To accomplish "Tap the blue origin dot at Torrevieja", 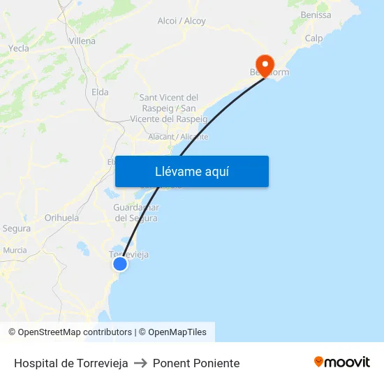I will [x=120, y=263].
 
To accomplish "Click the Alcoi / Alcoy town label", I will [x=182, y=21].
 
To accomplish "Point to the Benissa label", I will [x=316, y=15].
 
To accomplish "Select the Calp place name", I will [x=313, y=38].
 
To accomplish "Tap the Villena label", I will [x=82, y=41].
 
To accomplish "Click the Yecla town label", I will [x=19, y=48].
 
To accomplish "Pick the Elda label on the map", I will [x=100, y=91].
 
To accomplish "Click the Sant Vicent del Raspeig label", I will [x=169, y=108].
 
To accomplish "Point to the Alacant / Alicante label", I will [x=178, y=137].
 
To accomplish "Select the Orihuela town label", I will [x=61, y=218].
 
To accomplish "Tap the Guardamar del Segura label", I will [x=136, y=213].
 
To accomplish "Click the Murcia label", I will [x=15, y=250].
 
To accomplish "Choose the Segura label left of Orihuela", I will [x=17, y=228].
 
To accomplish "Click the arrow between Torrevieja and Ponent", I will [x=140, y=363].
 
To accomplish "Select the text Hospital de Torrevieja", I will [x=71, y=363].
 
